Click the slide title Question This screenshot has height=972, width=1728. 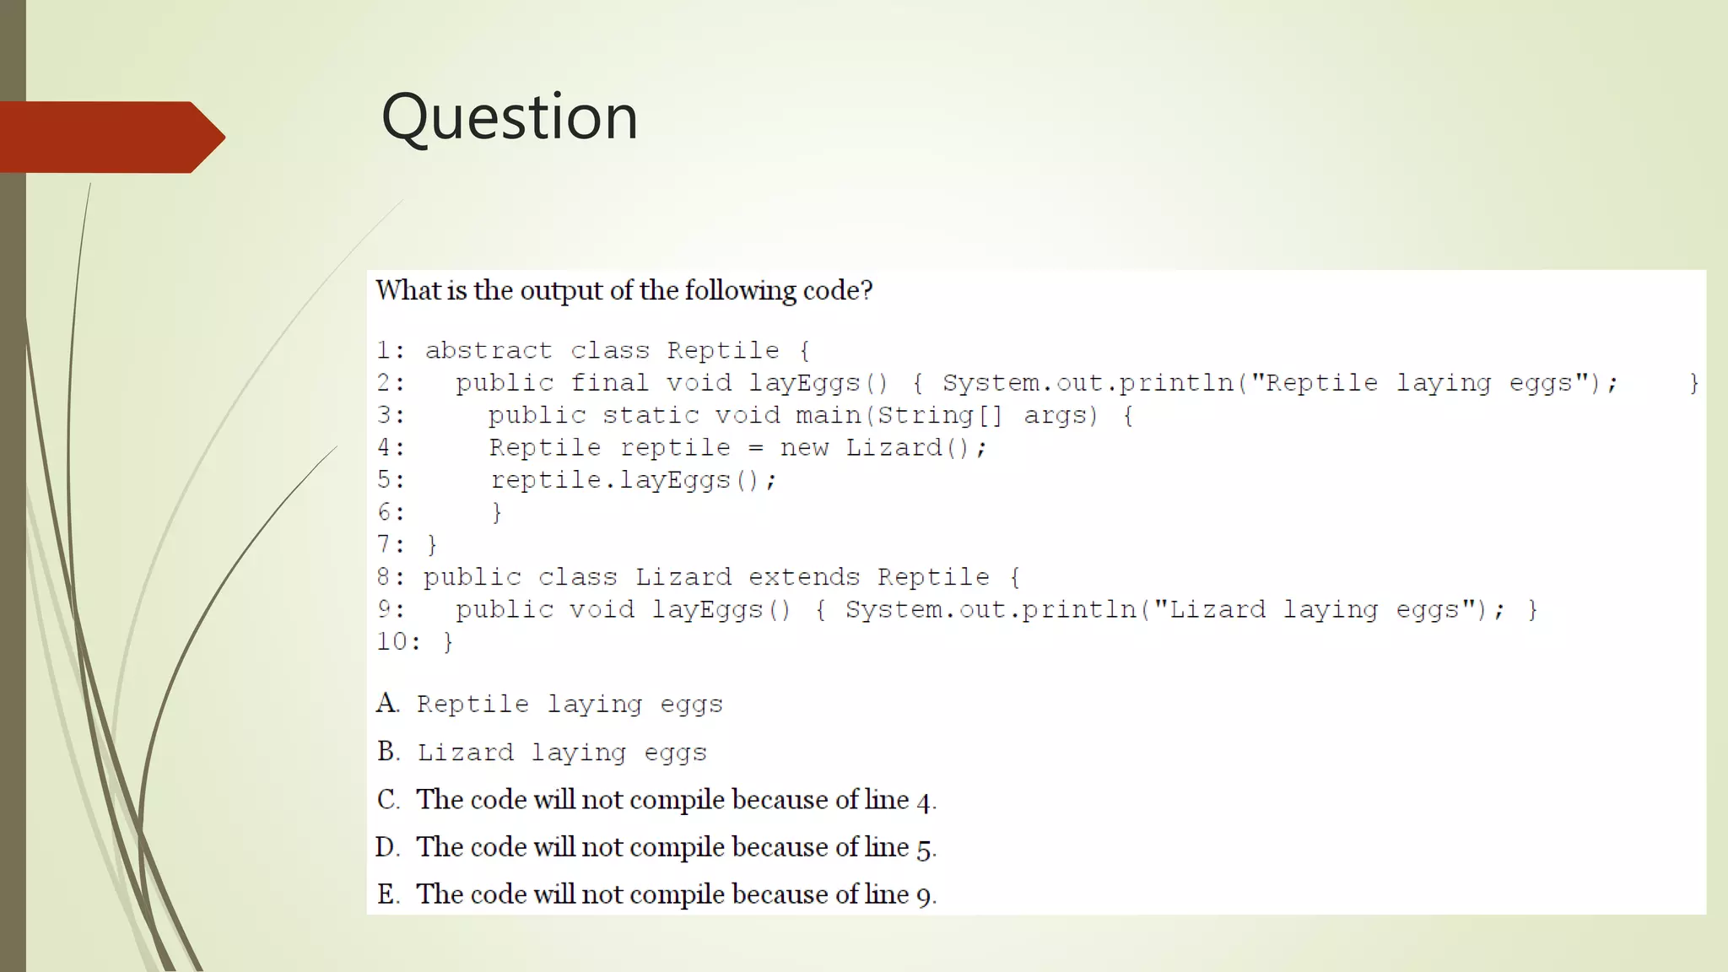(x=510, y=116)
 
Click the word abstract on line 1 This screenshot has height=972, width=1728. (x=489, y=350)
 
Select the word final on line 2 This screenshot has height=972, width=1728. (x=609, y=383)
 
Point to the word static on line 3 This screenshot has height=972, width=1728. (x=651, y=415)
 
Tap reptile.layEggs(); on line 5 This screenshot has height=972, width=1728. (x=634, y=480)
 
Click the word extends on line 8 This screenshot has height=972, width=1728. (x=803, y=577)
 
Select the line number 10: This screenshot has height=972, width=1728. (x=397, y=641)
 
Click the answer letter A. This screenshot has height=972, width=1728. (x=387, y=703)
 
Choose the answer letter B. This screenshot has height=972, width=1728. (x=388, y=751)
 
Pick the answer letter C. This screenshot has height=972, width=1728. (x=387, y=799)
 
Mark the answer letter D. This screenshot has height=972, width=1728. (x=387, y=846)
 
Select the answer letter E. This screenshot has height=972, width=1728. (x=388, y=894)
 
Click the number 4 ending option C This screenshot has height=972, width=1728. (x=924, y=801)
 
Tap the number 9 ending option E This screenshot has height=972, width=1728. (x=924, y=895)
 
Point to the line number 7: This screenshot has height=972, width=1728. (x=390, y=544)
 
